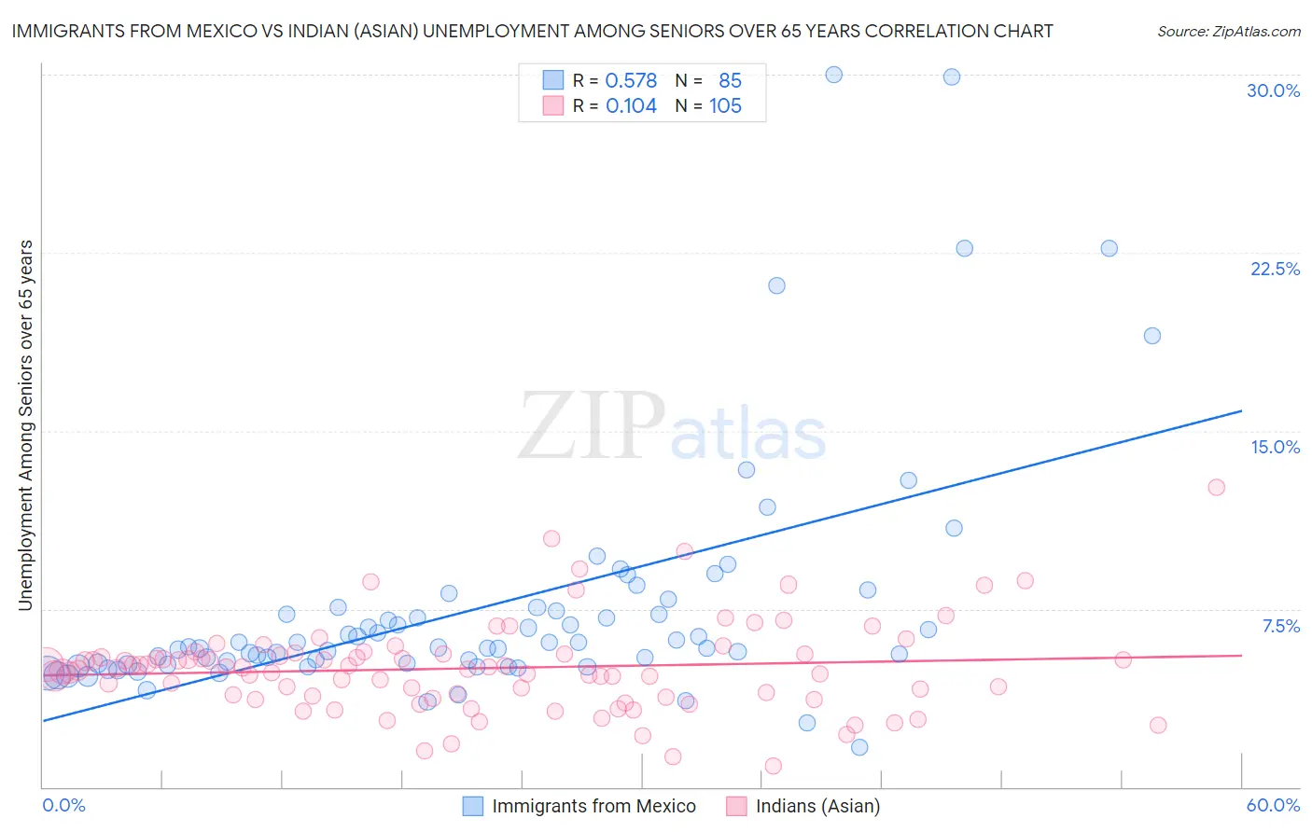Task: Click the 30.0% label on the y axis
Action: (x=1273, y=90)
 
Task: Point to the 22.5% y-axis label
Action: (x=1275, y=269)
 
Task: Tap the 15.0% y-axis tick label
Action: (x=1275, y=447)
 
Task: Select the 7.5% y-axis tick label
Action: (x=1280, y=626)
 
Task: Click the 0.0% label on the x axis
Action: (x=63, y=805)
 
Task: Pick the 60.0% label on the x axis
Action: (x=1273, y=805)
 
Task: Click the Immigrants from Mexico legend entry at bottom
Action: (x=593, y=806)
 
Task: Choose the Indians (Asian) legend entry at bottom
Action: (x=817, y=806)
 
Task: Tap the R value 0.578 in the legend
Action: (x=631, y=81)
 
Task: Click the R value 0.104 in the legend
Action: (x=631, y=106)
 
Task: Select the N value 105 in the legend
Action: (x=725, y=106)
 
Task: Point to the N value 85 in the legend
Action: (x=730, y=81)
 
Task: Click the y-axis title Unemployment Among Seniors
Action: (x=25, y=425)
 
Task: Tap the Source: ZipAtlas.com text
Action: (x=1228, y=32)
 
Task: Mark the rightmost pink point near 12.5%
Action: (x=1216, y=487)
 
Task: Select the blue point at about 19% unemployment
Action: (x=1152, y=336)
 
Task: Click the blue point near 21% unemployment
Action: (x=776, y=285)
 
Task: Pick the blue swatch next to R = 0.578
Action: (x=553, y=81)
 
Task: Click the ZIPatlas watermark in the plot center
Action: (x=672, y=426)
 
